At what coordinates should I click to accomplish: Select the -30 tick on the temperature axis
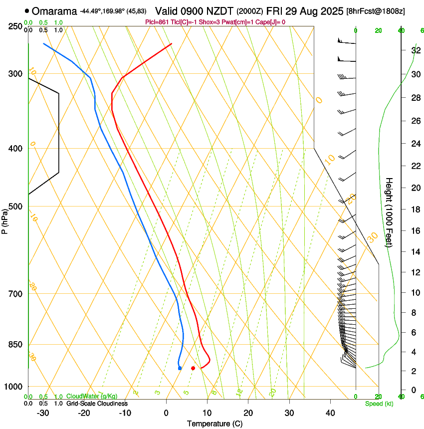(x=43, y=413)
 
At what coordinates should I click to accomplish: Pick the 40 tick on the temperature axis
(x=330, y=413)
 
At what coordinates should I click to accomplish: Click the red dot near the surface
(x=193, y=368)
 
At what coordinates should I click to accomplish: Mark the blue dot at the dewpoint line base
(x=180, y=368)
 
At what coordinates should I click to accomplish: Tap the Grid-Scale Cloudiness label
(x=97, y=404)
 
